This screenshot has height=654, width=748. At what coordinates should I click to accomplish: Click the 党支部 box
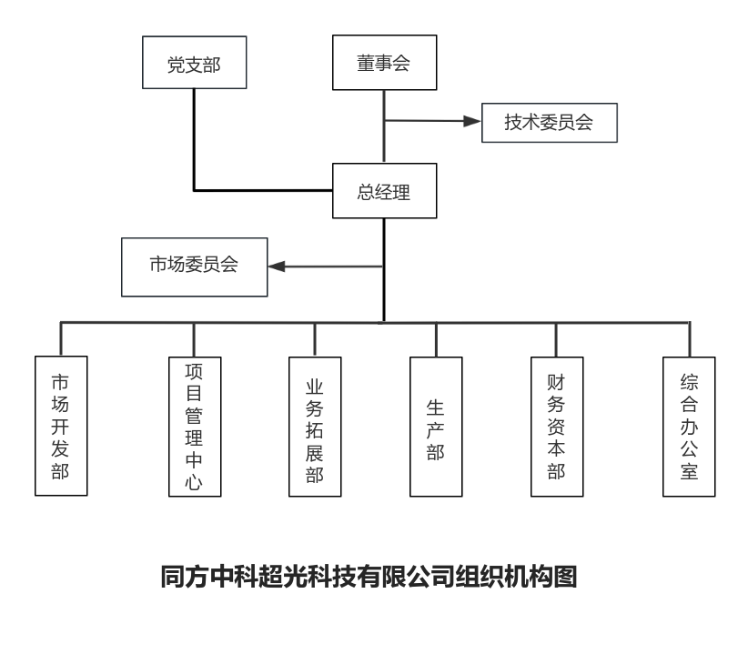[194, 63]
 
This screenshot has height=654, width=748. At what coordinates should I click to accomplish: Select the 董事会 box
[385, 63]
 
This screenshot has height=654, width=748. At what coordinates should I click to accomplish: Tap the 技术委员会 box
[549, 123]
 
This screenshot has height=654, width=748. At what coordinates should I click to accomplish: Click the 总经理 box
[385, 191]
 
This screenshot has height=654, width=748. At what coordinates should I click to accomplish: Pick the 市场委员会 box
[194, 267]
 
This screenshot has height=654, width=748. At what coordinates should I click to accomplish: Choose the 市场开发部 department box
[61, 426]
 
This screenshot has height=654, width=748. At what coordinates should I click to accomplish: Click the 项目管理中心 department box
[195, 427]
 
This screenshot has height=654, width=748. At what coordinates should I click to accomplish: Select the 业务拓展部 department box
[315, 427]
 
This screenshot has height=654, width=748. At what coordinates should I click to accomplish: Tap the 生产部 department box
[436, 427]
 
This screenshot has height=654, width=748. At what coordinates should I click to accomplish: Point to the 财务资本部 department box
[557, 427]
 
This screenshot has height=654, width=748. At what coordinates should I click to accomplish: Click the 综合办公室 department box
[689, 427]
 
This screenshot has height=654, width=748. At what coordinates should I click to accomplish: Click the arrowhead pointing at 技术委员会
[471, 121]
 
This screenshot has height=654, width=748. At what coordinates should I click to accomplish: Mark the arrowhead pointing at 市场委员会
[277, 267]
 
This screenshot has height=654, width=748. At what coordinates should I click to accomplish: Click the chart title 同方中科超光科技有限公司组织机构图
[369, 577]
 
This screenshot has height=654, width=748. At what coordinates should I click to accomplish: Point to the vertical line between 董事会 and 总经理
[384, 126]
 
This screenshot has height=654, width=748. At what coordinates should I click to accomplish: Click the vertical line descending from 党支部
[194, 140]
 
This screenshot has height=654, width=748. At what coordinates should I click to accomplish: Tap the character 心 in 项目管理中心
[194, 482]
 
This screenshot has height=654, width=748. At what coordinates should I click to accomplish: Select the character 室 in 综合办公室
[689, 471]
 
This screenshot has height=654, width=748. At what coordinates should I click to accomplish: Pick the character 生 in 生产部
[436, 407]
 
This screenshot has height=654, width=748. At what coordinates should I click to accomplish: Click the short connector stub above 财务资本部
[556, 340]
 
